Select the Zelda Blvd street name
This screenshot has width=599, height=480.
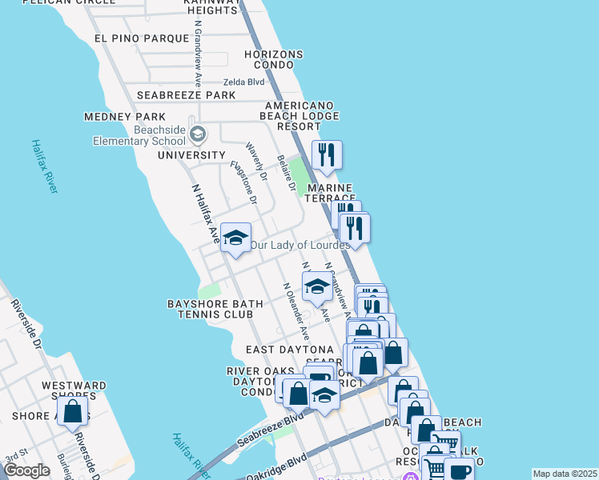(x=243, y=82)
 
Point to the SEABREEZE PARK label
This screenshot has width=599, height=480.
(x=186, y=95)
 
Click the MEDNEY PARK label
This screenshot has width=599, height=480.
(x=119, y=117)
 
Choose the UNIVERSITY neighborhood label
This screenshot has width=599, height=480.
(x=191, y=155)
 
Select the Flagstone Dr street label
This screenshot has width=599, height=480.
(x=243, y=182)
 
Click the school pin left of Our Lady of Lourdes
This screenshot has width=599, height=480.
(x=235, y=238)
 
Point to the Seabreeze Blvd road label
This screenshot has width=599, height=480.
(x=271, y=432)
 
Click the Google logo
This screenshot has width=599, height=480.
(x=26, y=470)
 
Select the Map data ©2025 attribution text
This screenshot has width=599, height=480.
(x=565, y=474)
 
